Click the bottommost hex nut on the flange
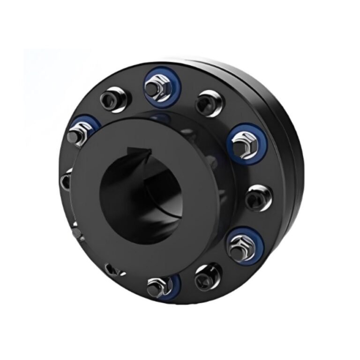(x=156, y=286)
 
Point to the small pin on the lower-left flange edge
(x=75, y=233)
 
